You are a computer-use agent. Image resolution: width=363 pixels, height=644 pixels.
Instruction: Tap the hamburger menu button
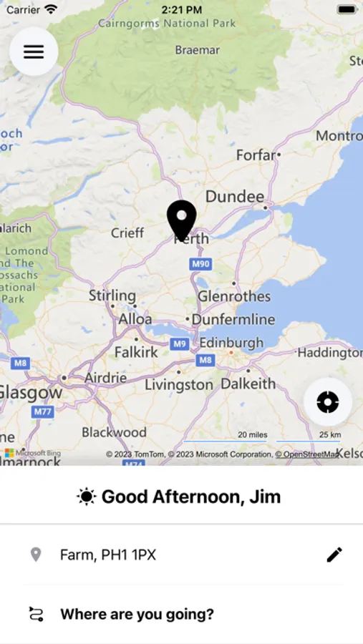coord(34,52)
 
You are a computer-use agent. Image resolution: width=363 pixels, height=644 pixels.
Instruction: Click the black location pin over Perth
coord(182,219)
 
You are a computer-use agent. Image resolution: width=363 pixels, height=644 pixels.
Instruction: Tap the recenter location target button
coord(327,402)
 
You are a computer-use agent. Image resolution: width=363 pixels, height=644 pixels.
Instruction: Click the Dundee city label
coord(235,196)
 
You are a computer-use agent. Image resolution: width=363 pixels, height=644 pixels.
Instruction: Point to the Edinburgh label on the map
coord(231,343)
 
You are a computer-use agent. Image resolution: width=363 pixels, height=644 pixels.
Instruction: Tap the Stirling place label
coord(112,295)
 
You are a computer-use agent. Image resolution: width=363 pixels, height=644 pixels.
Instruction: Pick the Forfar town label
coord(256,155)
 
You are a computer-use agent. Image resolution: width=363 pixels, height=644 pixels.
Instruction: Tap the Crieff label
coord(127,233)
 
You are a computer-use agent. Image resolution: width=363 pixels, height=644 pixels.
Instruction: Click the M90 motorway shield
coord(200,265)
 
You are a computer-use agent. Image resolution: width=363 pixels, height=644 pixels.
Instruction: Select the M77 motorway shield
coord(43,411)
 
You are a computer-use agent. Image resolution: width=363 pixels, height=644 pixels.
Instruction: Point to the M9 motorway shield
coord(180,344)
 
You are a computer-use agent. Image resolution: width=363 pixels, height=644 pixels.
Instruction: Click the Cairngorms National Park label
coord(167,24)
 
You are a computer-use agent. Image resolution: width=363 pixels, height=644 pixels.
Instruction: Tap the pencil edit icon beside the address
coord(334,555)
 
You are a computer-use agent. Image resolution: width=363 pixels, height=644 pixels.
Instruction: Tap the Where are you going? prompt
coord(137,614)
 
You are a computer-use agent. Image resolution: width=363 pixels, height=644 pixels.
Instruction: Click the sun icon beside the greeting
coord(87,497)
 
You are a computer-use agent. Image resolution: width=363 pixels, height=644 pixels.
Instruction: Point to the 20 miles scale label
coord(253,434)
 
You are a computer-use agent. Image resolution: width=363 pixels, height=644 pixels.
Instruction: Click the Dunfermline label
coord(233,319)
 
